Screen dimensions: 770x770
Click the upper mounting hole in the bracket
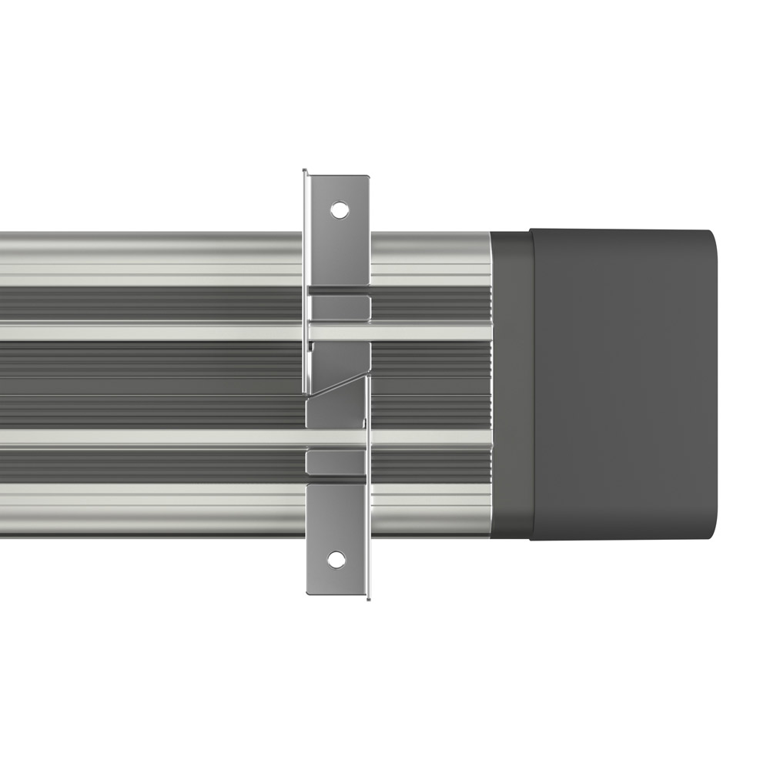pyautogui.click(x=337, y=209)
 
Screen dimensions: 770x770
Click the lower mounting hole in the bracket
pyautogui.click(x=336, y=560)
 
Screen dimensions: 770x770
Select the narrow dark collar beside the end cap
pyautogui.click(x=511, y=383)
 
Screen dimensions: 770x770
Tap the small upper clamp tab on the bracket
pyautogui.click(x=339, y=307)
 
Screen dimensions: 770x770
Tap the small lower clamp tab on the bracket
pyautogui.click(x=336, y=462)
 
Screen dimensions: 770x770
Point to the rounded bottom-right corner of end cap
pyautogui.click(x=710, y=532)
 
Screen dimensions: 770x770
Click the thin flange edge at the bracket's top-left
pyautogui.click(x=305, y=185)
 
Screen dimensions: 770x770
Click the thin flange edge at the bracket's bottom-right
pyautogui.click(x=368, y=585)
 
